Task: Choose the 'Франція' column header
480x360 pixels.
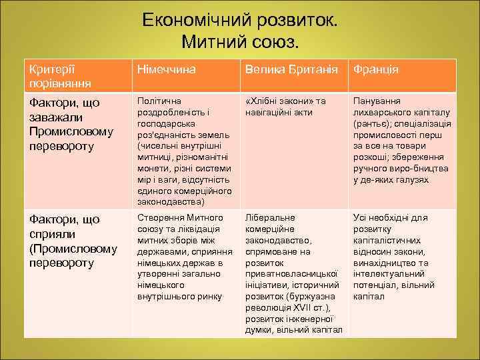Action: (x=376, y=69)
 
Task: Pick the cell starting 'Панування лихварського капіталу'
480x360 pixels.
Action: (x=401, y=140)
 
